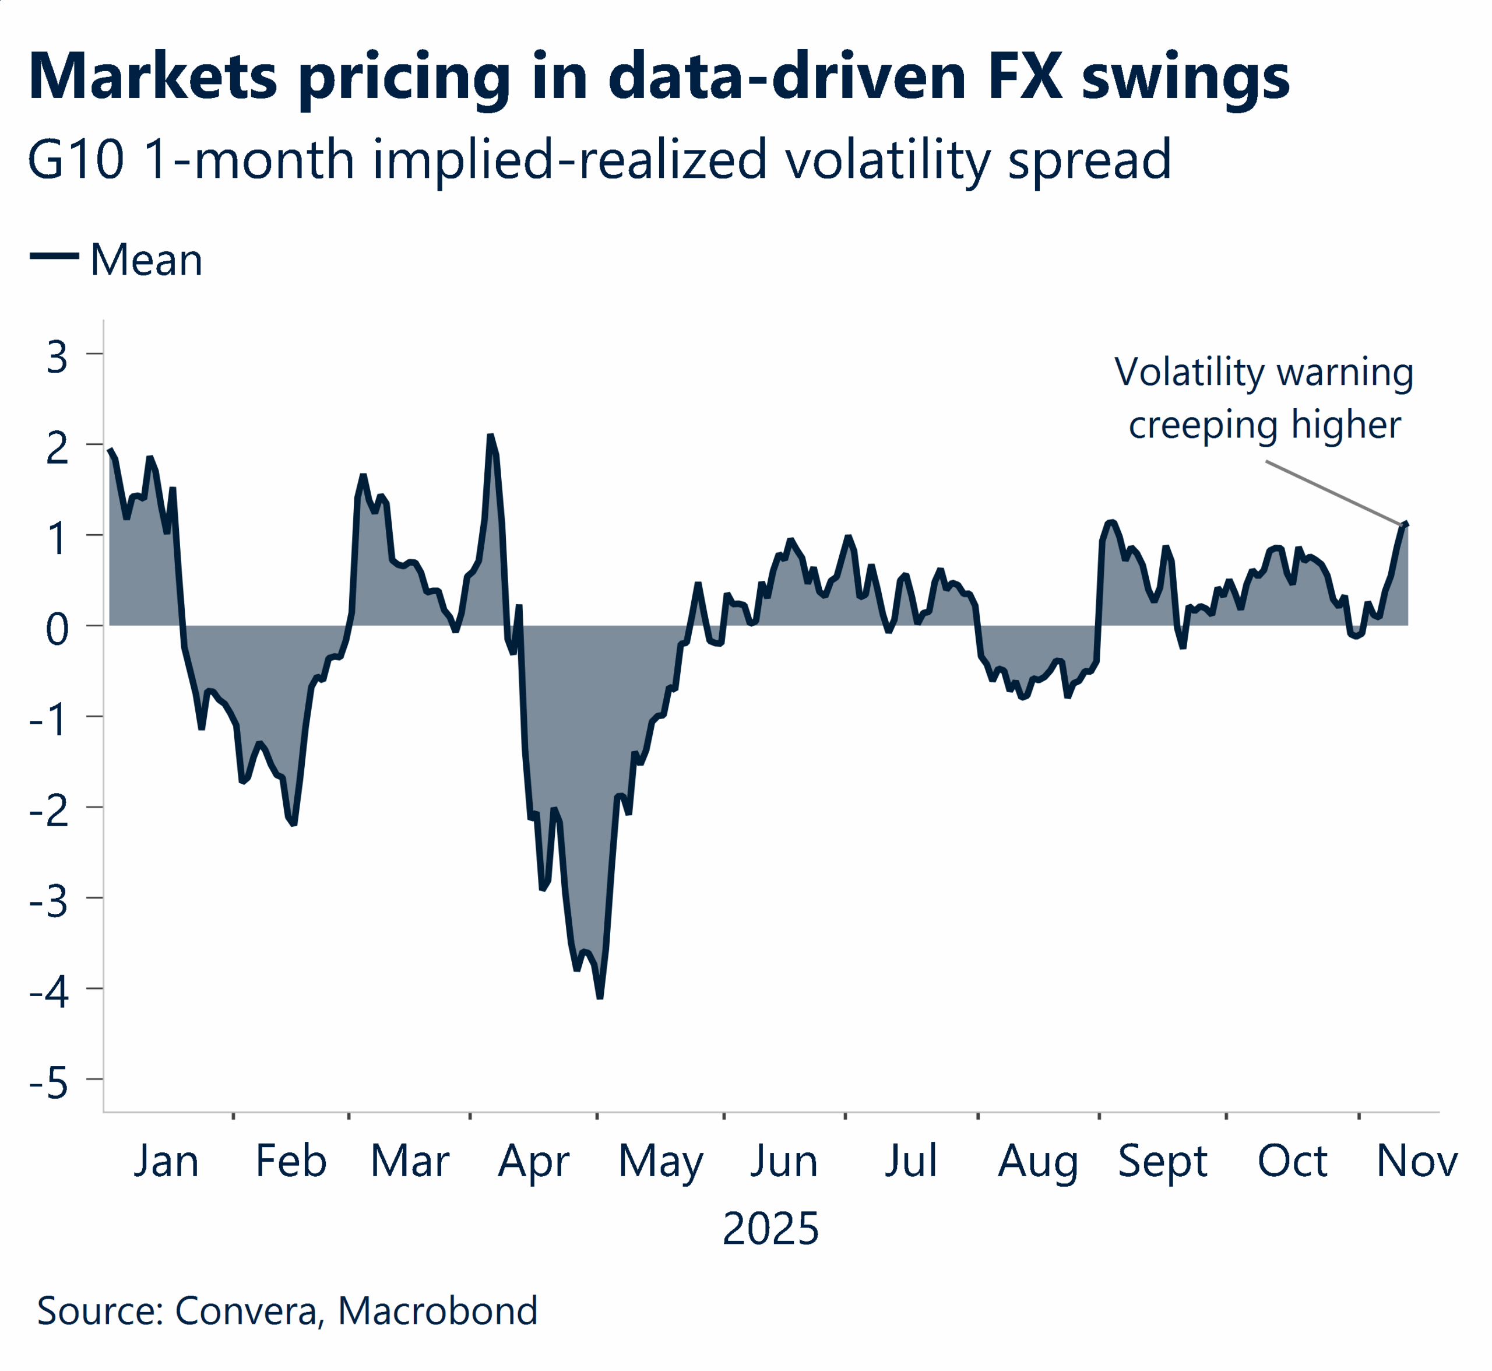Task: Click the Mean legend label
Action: (x=146, y=261)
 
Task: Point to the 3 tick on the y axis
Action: (x=57, y=357)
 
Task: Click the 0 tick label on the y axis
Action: (x=57, y=629)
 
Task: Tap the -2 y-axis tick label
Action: (x=49, y=811)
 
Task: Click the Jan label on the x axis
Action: (x=166, y=1161)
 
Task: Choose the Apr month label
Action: (x=533, y=1161)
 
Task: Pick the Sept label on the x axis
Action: (x=1162, y=1161)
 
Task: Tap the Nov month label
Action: (x=1416, y=1161)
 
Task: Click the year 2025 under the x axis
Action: (x=770, y=1229)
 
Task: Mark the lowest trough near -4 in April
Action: (x=600, y=997)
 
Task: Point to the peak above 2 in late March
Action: (x=490, y=436)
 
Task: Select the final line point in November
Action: (x=1406, y=524)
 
